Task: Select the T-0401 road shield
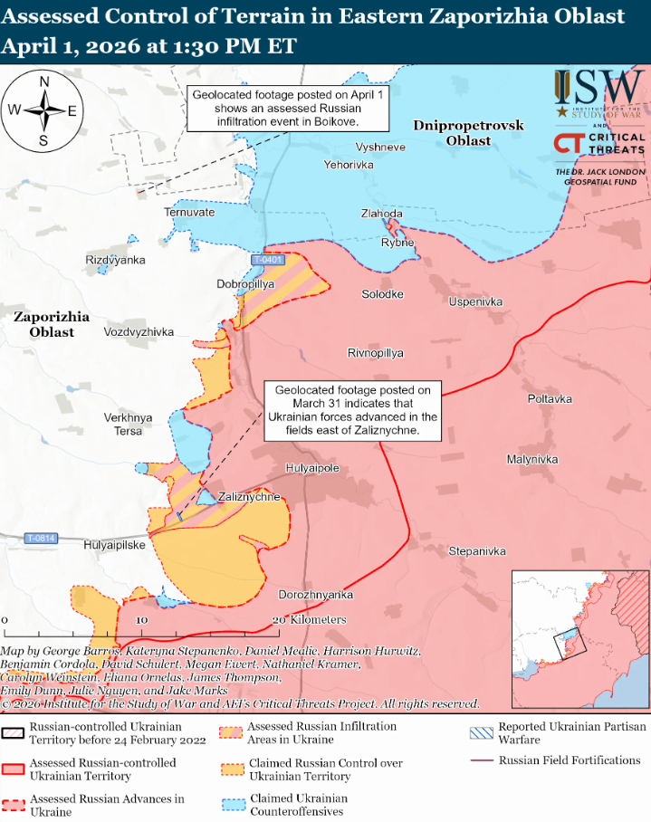(268, 260)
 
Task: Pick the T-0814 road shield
(41, 538)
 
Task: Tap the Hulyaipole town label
(311, 468)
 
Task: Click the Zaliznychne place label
(250, 497)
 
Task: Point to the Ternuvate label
(189, 212)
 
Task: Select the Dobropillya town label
(245, 283)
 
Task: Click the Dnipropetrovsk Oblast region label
(468, 133)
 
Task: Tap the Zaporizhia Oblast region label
(51, 324)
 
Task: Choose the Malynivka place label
(532, 459)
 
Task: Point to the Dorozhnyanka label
(315, 595)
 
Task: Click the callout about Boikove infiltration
(287, 107)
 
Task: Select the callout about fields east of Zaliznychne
(352, 410)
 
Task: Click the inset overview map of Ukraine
(579, 639)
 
